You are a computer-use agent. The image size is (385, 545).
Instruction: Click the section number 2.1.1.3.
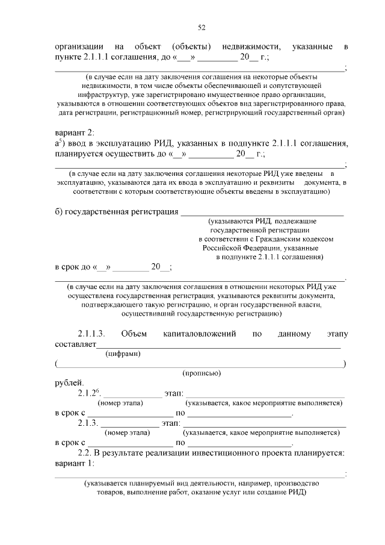(x=91, y=334)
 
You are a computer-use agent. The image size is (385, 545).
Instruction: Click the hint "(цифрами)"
(x=123, y=354)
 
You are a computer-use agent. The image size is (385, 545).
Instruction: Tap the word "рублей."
(x=70, y=383)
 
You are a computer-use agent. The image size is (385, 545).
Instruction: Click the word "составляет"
(x=73, y=344)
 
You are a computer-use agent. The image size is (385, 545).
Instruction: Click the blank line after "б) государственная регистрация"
(x=262, y=212)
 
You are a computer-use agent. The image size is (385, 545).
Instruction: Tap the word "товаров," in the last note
(x=111, y=491)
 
